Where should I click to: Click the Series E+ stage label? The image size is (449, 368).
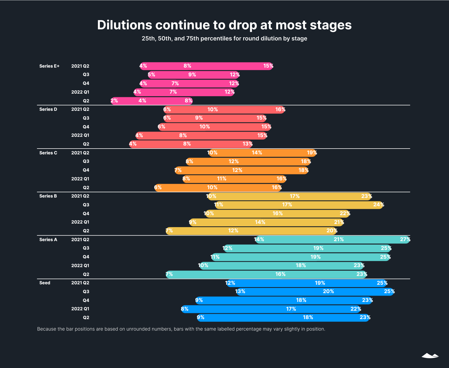click(x=49, y=66)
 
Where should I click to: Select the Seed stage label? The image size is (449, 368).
click(x=45, y=283)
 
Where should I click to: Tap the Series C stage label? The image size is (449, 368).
click(x=48, y=153)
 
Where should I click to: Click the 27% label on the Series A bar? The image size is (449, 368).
click(x=405, y=240)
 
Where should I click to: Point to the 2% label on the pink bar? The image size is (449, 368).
click(x=114, y=101)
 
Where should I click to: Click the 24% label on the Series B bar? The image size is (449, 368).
click(x=378, y=205)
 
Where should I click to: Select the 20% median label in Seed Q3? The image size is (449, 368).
click(x=328, y=291)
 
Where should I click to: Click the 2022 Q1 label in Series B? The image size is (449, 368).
click(x=80, y=222)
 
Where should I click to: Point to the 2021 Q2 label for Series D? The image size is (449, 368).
click(x=80, y=109)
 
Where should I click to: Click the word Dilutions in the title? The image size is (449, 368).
click(x=124, y=25)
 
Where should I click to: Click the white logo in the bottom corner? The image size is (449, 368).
click(x=430, y=356)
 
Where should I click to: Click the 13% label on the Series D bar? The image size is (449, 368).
click(x=247, y=144)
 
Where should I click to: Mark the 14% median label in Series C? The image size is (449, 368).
click(x=257, y=153)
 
